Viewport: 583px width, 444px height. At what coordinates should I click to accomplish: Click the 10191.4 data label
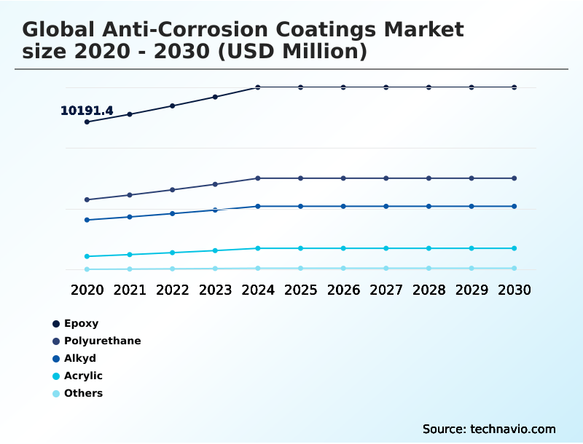click(x=87, y=111)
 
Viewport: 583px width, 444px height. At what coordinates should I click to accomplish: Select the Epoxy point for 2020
click(x=87, y=122)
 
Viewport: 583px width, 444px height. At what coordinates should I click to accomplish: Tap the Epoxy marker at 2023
click(x=215, y=97)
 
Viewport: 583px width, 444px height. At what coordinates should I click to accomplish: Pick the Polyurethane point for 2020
click(x=87, y=199)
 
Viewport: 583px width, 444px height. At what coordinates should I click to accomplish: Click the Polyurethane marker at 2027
click(x=386, y=178)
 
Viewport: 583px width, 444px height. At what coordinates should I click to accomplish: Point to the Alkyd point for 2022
click(x=173, y=213)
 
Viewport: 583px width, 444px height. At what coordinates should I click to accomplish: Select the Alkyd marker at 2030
click(x=514, y=207)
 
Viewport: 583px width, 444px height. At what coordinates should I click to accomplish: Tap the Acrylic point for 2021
click(x=130, y=255)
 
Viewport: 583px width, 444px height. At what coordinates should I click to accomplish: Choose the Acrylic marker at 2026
click(x=343, y=248)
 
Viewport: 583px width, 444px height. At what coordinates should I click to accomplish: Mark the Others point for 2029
click(x=472, y=269)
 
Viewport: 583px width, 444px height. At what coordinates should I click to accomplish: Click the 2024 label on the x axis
click(x=258, y=290)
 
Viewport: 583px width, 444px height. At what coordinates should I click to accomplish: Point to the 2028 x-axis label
click(x=429, y=290)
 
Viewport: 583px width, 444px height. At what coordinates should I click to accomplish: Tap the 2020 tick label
click(x=87, y=290)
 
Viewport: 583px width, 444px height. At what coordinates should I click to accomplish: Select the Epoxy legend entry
click(x=80, y=323)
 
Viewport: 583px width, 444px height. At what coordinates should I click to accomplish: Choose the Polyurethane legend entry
click(x=102, y=341)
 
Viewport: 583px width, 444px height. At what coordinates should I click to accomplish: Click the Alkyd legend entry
click(x=79, y=358)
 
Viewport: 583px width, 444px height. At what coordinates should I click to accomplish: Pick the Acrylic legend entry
click(x=82, y=376)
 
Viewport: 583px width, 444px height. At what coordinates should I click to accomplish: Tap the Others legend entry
click(x=83, y=393)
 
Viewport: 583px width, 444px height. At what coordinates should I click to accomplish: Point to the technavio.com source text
click(x=512, y=429)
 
